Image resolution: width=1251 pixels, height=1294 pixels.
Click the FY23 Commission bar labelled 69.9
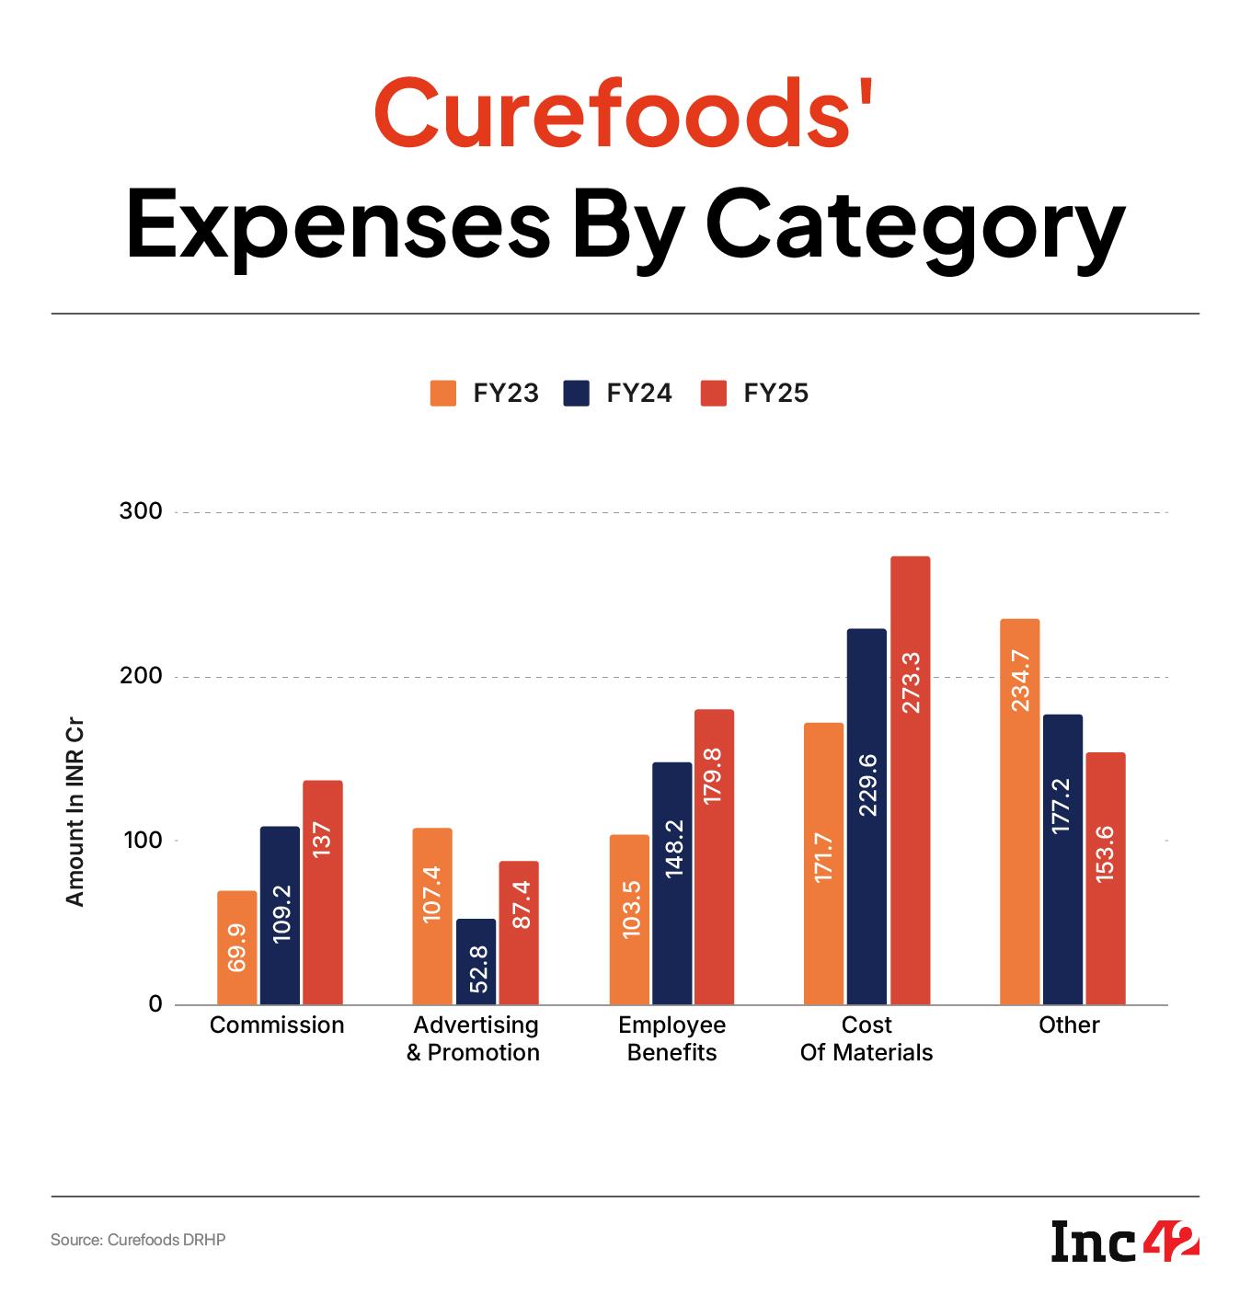click(236, 947)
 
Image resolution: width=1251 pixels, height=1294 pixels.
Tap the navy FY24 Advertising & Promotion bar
click(476, 961)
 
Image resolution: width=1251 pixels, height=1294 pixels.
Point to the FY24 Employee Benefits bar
click(671, 883)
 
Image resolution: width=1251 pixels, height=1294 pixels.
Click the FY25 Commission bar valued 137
click(322, 892)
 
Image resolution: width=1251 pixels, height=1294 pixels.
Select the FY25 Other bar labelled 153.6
click(1105, 878)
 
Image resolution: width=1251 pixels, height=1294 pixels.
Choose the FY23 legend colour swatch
click(443, 393)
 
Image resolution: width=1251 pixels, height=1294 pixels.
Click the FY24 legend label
click(639, 394)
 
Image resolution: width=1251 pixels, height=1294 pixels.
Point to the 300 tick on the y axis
click(141, 511)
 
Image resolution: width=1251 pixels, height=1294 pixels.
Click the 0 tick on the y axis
click(155, 1004)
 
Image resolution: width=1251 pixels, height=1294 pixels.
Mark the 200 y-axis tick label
click(141, 676)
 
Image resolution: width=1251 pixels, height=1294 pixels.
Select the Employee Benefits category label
click(671, 1038)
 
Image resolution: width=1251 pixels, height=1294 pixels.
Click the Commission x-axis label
click(277, 1025)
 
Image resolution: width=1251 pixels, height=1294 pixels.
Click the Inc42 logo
click(1125, 1242)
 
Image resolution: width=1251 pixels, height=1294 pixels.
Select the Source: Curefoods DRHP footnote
click(138, 1240)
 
